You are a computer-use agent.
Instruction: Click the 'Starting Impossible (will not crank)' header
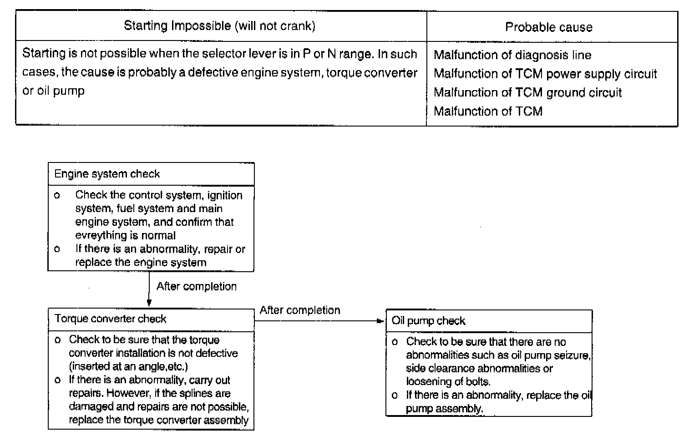click(219, 25)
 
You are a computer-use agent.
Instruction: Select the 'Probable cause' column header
click(549, 27)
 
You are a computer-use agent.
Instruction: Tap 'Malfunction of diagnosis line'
click(512, 55)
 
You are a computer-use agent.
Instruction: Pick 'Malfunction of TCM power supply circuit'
click(545, 74)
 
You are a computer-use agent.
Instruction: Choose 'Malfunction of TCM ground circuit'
click(527, 92)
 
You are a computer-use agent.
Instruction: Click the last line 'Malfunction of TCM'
click(488, 111)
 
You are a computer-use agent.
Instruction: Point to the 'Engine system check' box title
click(107, 174)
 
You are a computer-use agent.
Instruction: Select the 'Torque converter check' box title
click(110, 319)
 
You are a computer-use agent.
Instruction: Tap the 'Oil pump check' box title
click(428, 321)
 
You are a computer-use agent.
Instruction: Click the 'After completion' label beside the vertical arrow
click(197, 286)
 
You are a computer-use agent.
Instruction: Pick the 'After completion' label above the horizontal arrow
click(300, 310)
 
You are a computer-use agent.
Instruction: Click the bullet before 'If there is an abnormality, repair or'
click(57, 249)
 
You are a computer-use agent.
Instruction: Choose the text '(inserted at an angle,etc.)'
click(128, 366)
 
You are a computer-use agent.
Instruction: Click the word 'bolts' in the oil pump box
click(478, 381)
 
